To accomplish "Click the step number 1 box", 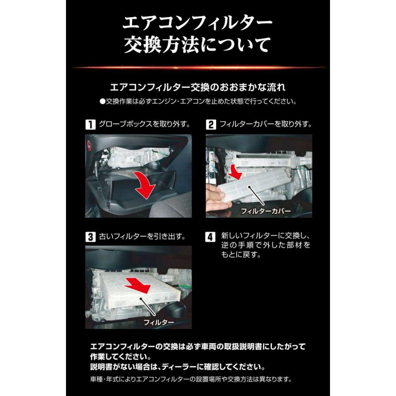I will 90,124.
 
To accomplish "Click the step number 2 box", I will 211,124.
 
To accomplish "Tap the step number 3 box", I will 90,237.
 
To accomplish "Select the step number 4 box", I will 211,237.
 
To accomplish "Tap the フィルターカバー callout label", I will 266,212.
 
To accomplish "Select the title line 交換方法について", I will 198,45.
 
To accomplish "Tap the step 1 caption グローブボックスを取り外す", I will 145,124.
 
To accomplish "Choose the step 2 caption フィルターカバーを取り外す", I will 266,124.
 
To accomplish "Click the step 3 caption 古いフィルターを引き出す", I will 142,237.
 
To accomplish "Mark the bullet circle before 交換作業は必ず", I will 103,101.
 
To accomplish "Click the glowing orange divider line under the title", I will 198,68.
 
